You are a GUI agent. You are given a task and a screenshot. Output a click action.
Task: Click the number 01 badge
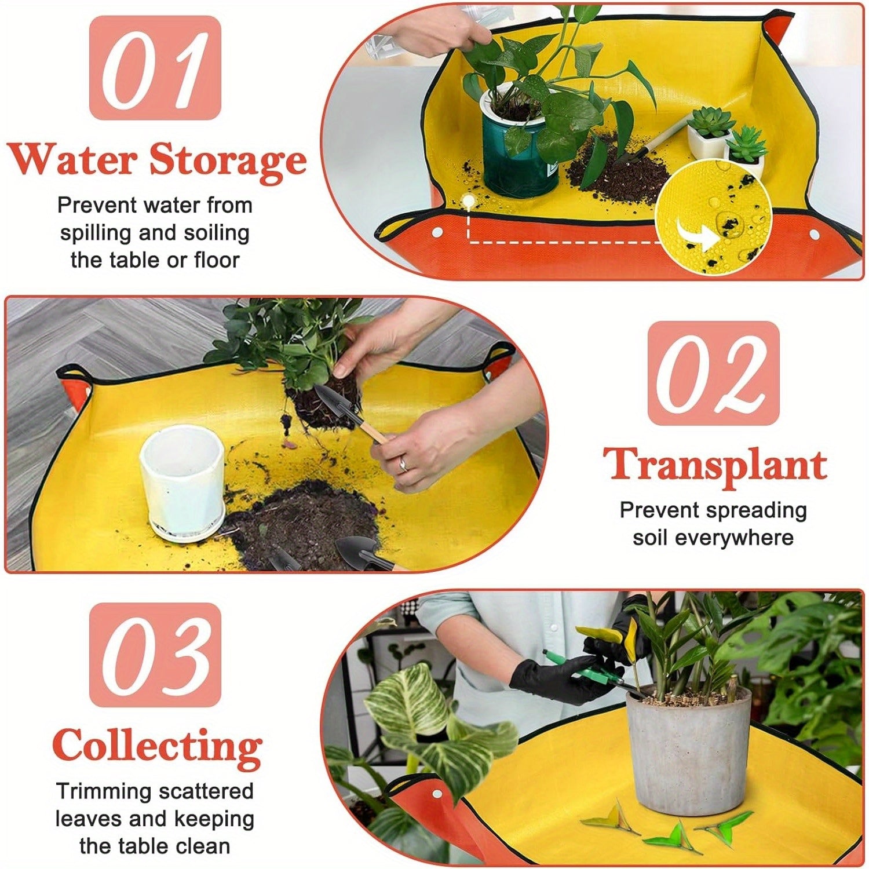coord(155,68)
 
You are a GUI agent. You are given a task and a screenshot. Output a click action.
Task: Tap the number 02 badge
coord(713,373)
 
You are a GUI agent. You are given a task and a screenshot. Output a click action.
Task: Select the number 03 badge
coord(155,655)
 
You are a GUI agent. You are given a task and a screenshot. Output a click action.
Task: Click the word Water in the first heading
coord(72,159)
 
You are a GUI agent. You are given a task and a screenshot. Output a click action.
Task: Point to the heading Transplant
coord(714,465)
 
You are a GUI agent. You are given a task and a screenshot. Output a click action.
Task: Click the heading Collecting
coord(156,747)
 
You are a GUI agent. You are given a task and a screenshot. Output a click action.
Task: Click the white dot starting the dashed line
coord(468,200)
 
